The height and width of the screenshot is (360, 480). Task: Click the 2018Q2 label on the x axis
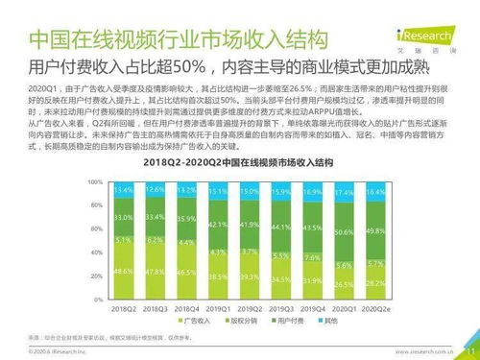124,308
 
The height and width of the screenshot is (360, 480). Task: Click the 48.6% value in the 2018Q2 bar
124,273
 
